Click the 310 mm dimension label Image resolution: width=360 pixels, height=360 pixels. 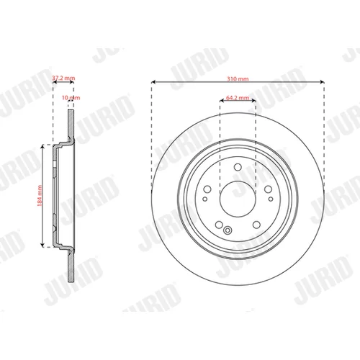(x=238, y=78)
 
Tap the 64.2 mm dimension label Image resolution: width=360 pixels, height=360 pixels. (x=238, y=98)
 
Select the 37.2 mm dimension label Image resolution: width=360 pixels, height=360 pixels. (x=63, y=78)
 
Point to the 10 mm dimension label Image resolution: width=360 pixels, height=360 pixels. (x=71, y=98)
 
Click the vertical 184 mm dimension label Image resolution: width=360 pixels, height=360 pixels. (x=40, y=196)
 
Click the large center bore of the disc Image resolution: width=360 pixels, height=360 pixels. (x=238, y=199)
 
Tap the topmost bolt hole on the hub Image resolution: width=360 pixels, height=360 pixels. (x=238, y=167)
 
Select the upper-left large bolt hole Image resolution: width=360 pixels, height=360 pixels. (x=207, y=189)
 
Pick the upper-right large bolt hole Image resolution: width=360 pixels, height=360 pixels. (x=268, y=189)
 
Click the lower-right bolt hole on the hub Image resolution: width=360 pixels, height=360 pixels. (x=256, y=225)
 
